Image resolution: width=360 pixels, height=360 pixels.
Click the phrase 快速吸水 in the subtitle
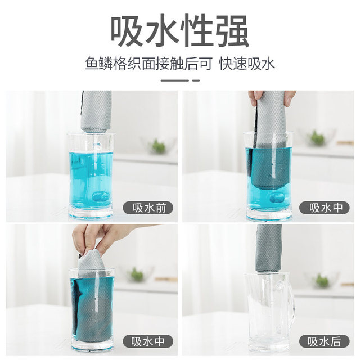248,63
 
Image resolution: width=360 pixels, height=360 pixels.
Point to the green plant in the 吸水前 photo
159,146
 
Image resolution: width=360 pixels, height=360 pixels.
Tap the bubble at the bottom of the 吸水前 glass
101,196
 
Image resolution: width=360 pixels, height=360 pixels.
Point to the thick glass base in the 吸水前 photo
91,213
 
